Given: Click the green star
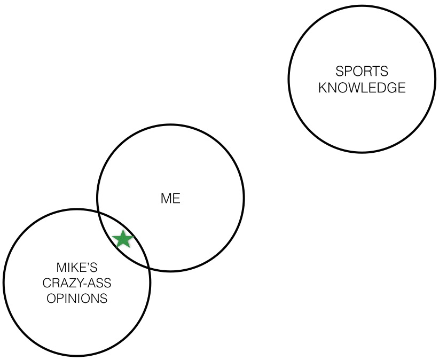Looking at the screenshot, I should pos(123,239).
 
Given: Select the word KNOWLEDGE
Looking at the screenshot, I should pos(362,88).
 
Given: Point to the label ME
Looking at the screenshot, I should pos(170,199).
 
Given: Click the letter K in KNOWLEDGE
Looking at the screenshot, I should pos(323,88).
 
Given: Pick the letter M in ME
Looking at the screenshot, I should pos(166,199).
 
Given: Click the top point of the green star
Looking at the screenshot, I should pos(123,231).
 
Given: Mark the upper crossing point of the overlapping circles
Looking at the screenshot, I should pos(101,213).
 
